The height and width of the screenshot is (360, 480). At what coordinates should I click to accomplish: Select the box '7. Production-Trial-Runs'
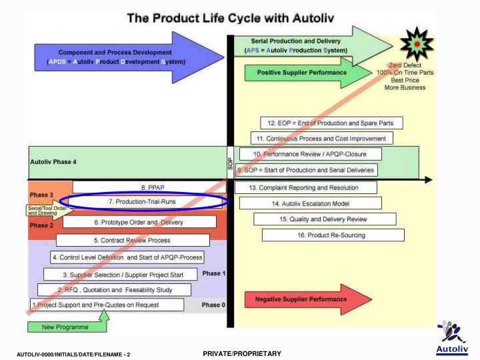[147, 201]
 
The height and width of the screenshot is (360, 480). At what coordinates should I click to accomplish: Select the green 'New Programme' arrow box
[67, 326]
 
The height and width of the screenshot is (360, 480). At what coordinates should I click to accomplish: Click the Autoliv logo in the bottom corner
[453, 336]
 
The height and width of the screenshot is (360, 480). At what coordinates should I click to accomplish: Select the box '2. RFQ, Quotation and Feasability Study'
[115, 289]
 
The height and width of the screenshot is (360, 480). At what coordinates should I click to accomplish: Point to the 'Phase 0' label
[214, 305]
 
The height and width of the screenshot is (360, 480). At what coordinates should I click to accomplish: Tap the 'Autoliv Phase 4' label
[54, 162]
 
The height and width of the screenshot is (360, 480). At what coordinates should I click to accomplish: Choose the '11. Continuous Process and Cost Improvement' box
[322, 138]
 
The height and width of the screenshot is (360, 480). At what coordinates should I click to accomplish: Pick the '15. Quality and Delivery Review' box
[325, 219]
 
